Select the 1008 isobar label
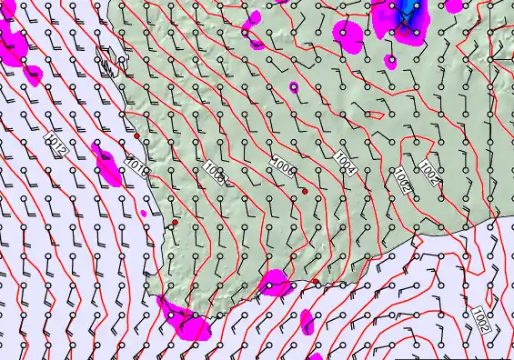[x=215, y=173]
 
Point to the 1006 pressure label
[x=282, y=165]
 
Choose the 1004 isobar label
[x=345, y=162]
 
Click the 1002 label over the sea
[x=483, y=320]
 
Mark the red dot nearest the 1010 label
[x=136, y=136]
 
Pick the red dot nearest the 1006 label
[x=305, y=191]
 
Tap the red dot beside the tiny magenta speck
[x=175, y=222]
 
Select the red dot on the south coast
[x=316, y=282]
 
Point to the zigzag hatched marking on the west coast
[x=107, y=65]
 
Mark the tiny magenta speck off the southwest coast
[x=144, y=214]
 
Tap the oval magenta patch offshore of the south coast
[x=307, y=321]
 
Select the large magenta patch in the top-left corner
[x=14, y=41]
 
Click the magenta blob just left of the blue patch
[x=348, y=33]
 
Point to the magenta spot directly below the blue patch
[x=390, y=62]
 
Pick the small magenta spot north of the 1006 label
[x=293, y=87]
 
